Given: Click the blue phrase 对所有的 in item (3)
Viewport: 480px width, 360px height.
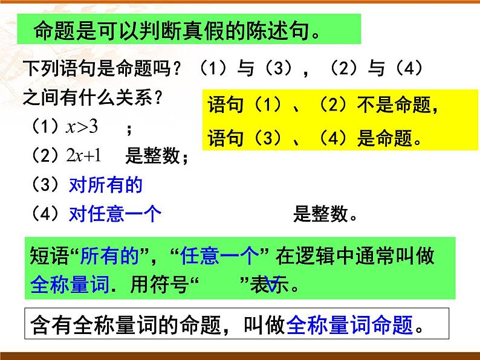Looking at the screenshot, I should click(106, 185).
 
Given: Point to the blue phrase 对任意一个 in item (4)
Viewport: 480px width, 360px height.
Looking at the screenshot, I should click(115, 214).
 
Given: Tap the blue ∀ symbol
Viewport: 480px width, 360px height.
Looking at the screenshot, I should click(271, 284).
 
